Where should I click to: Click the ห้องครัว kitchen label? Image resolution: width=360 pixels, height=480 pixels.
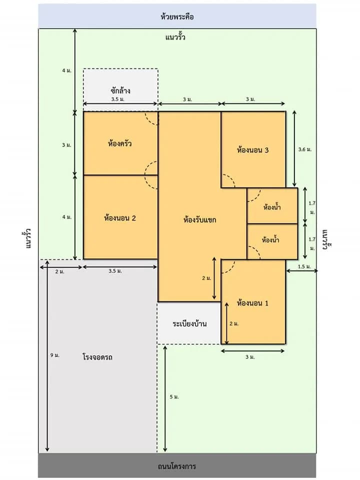click(x=119, y=143)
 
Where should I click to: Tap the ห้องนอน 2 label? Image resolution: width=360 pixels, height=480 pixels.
click(x=119, y=218)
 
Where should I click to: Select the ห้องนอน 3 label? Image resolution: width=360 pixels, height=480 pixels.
click(x=252, y=150)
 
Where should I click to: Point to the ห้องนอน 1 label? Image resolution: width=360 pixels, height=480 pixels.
click(x=252, y=303)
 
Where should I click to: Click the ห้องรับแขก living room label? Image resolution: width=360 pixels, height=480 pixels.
click(x=199, y=220)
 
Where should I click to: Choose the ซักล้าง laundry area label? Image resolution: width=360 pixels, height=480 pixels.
click(x=120, y=90)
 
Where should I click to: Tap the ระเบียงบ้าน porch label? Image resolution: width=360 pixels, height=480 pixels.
click(x=189, y=323)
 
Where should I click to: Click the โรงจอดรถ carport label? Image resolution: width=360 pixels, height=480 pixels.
click(x=97, y=357)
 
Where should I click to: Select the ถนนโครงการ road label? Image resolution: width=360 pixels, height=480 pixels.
click(x=177, y=466)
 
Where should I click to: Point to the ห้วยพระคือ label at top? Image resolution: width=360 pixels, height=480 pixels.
click(x=177, y=16)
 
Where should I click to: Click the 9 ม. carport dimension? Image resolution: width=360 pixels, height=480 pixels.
click(x=55, y=355)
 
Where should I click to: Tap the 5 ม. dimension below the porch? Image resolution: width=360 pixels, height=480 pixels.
click(x=174, y=397)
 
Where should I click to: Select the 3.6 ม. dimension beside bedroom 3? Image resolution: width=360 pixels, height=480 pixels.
click(x=305, y=149)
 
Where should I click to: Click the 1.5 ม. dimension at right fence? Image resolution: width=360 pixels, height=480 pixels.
click(x=304, y=266)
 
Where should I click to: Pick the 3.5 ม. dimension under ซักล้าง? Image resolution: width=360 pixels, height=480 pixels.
click(x=118, y=99)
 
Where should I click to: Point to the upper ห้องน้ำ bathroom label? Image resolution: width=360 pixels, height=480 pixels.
click(x=272, y=207)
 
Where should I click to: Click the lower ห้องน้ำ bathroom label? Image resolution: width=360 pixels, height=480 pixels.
click(x=270, y=240)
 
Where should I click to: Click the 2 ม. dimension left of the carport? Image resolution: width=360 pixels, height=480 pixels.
click(x=59, y=271)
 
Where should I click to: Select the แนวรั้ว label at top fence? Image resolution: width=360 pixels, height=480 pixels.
click(x=175, y=37)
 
